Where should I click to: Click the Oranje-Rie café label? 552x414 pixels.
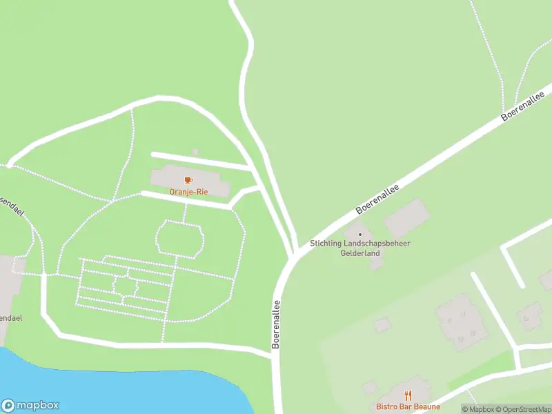point(188,192)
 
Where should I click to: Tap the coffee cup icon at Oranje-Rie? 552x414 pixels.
point(188,181)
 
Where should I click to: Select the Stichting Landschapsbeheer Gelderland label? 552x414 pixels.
point(354,248)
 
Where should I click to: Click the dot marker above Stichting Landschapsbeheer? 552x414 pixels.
point(359,235)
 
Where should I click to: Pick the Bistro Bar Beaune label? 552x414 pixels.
point(408,406)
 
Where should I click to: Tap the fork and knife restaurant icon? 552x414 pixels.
point(408,396)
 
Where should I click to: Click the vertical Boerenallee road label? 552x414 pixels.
point(276,324)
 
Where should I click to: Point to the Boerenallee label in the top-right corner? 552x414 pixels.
point(528,103)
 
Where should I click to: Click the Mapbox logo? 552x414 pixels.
point(30,406)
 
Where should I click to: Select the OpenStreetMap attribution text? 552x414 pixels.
point(524,409)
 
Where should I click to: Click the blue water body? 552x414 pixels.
point(103,386)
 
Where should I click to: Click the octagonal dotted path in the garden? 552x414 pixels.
point(180,238)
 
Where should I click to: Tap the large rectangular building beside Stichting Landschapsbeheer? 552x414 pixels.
point(406,219)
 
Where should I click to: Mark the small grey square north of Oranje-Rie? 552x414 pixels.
point(195,152)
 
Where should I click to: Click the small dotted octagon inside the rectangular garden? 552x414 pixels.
point(124,286)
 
